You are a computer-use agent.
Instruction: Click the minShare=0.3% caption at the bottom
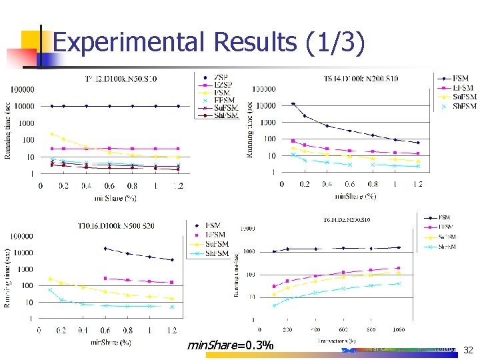click(231, 345)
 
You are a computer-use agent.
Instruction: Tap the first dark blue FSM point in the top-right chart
click(293, 103)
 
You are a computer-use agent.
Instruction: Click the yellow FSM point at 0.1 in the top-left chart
click(52, 134)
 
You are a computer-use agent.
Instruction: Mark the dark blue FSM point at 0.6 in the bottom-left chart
click(105, 248)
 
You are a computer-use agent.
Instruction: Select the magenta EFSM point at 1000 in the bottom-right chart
click(399, 268)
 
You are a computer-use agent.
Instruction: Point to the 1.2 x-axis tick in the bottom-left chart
click(171, 330)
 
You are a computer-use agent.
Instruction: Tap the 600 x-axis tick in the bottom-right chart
click(343, 330)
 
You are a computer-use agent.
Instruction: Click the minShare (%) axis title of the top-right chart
click(356, 197)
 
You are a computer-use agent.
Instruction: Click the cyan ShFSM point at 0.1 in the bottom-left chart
click(50, 290)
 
